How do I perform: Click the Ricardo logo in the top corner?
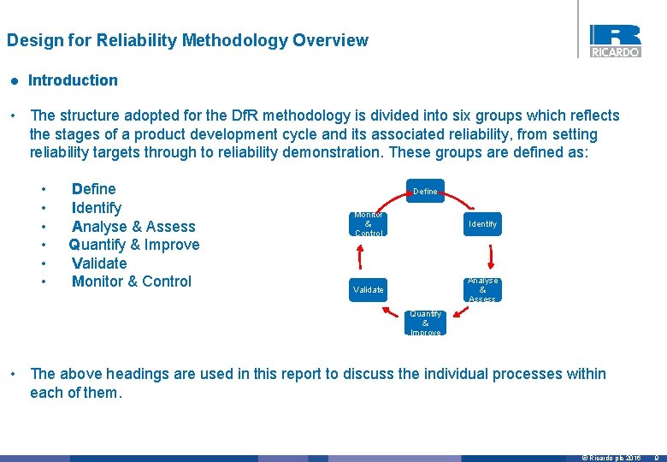coord(614,40)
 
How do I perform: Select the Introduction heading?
coord(73,80)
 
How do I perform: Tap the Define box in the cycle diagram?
coord(425,191)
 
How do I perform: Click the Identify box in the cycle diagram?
coord(482,224)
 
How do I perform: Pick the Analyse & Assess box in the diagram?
coord(482,290)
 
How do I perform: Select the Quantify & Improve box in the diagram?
coord(425,323)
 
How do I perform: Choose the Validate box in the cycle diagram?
coord(369,290)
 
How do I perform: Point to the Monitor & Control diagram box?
coord(369,224)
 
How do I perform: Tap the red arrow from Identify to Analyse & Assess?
coord(492,257)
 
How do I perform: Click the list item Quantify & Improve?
coord(134,245)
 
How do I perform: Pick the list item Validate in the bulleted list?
coord(99,264)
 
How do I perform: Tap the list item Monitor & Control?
coord(132,281)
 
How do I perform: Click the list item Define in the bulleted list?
coord(94,189)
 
